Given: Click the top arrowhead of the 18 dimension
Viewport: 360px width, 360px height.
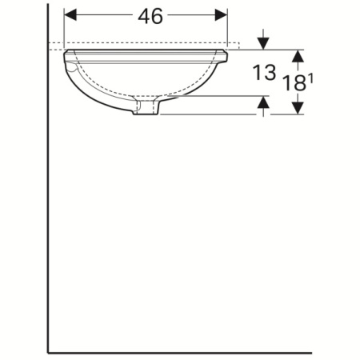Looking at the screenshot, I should coord(298,55).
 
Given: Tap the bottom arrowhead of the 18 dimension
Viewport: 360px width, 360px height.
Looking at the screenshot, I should coord(298,109).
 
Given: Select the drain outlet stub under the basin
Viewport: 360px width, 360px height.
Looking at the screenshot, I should coord(145,107).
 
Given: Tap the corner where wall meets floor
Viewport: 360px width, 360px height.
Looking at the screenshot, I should coord(48,351).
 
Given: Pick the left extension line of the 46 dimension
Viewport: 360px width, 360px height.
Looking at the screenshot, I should coord(63,28).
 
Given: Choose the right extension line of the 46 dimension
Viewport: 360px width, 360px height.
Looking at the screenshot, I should coord(228,28).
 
